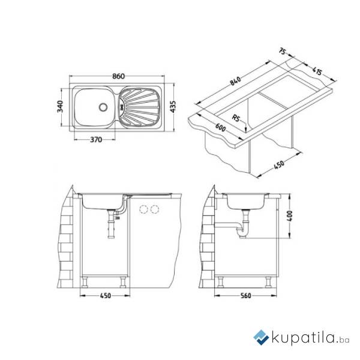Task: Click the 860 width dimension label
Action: [118, 76]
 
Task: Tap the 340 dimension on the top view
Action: [60, 107]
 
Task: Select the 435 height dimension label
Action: [173, 107]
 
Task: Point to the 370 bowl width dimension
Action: [96, 140]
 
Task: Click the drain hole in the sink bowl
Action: [103, 107]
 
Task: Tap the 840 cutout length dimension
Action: [236, 81]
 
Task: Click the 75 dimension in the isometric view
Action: [282, 52]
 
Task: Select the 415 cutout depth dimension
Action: [317, 71]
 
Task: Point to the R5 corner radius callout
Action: [236, 118]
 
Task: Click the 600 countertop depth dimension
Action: [220, 127]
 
